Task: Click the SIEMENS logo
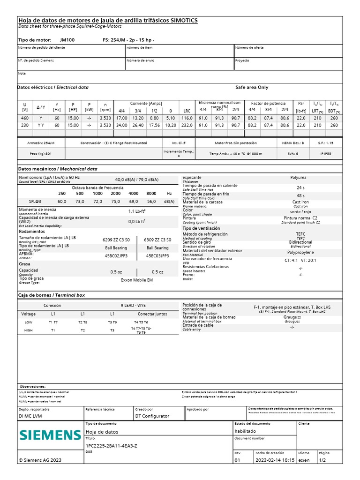pos(50,435)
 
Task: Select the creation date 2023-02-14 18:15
pos(275,460)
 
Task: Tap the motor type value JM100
pos(67,40)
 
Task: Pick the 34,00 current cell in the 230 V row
pos(121,125)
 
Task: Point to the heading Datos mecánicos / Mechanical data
pos(58,168)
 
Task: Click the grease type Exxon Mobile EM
pos(136,280)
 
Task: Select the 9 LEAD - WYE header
pos(133,305)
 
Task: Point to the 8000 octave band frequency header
pos(151,193)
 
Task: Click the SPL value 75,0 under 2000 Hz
pos(115,201)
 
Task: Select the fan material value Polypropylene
pos(300,252)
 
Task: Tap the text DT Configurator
pos(152,416)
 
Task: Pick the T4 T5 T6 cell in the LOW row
pos(141,322)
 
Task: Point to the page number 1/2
pos(323,460)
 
